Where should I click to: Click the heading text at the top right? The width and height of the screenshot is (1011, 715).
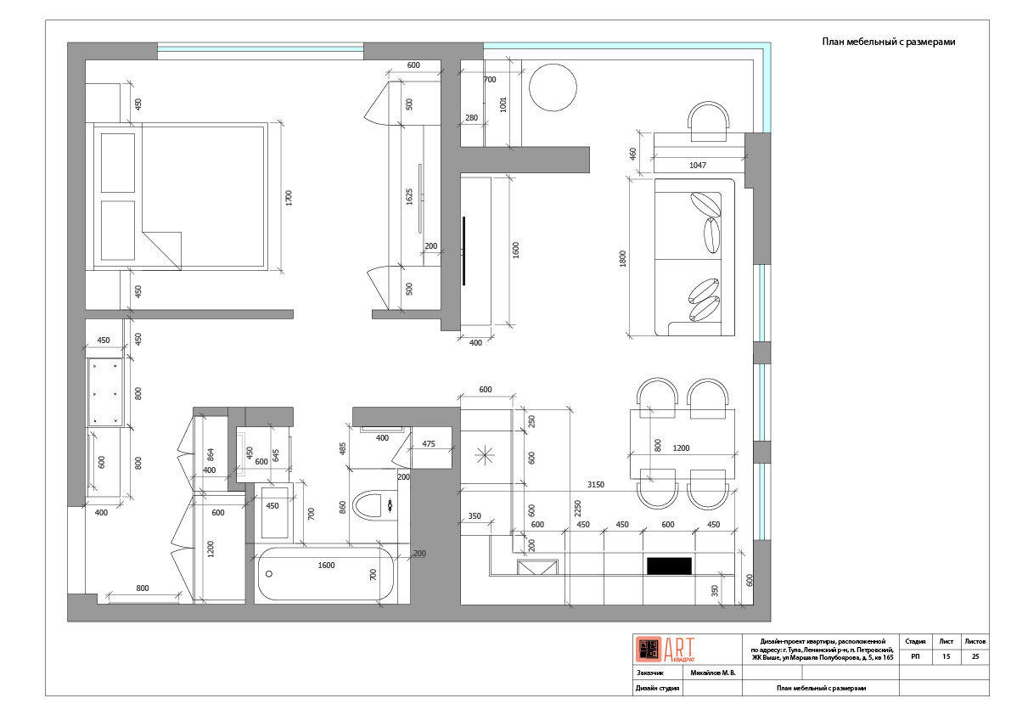[888, 42]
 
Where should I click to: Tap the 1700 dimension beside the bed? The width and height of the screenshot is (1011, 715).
[289, 198]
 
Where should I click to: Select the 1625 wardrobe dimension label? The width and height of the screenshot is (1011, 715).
[409, 197]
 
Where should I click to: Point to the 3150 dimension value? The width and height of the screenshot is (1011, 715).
[595, 484]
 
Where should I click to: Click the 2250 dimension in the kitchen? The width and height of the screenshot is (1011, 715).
[578, 509]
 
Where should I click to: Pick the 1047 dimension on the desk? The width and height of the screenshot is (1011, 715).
[698, 165]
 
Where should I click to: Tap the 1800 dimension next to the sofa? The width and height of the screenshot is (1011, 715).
[623, 259]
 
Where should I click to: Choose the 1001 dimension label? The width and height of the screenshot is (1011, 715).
[503, 104]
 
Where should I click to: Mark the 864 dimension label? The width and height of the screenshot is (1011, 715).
[211, 454]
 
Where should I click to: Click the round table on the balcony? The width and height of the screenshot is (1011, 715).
[553, 87]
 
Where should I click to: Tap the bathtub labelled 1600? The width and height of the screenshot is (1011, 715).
[326, 574]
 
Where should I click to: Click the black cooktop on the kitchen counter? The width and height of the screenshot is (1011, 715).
[669, 566]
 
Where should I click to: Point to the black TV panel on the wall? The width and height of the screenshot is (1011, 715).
[463, 251]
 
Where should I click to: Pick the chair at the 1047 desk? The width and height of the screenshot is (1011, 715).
[709, 121]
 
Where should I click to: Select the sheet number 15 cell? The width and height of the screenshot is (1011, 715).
[946, 656]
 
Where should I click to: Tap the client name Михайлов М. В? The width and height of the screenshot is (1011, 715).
[712, 673]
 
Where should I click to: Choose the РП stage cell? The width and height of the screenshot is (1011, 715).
[916, 656]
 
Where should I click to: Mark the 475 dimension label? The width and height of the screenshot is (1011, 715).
[428, 443]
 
